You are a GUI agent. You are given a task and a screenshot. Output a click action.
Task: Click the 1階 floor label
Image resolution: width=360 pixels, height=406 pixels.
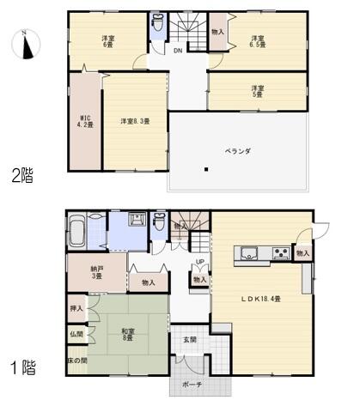(x=22, y=370)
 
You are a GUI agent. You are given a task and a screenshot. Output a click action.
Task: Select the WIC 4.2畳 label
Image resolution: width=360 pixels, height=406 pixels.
(x=86, y=121)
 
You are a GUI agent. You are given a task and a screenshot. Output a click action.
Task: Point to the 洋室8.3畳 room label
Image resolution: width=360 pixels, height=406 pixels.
(x=135, y=121)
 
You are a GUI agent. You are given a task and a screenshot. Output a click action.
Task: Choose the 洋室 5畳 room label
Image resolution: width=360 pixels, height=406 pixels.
(x=257, y=93)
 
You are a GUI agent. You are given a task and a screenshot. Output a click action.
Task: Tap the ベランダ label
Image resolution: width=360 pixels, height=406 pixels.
(x=238, y=150)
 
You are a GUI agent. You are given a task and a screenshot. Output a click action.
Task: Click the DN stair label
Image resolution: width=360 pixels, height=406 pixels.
(x=178, y=50)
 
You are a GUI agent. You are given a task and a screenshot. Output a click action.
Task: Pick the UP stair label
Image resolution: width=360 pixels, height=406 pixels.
(x=200, y=262)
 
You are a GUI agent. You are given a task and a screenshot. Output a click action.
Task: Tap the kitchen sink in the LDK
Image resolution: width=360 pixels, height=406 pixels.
(x=249, y=252)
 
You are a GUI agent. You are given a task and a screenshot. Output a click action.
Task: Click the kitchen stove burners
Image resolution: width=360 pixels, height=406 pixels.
(x=280, y=252)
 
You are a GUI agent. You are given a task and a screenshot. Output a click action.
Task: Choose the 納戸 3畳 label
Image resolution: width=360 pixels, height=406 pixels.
(x=97, y=272)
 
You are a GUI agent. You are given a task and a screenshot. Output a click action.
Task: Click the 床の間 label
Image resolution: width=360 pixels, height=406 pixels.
(x=76, y=361)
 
